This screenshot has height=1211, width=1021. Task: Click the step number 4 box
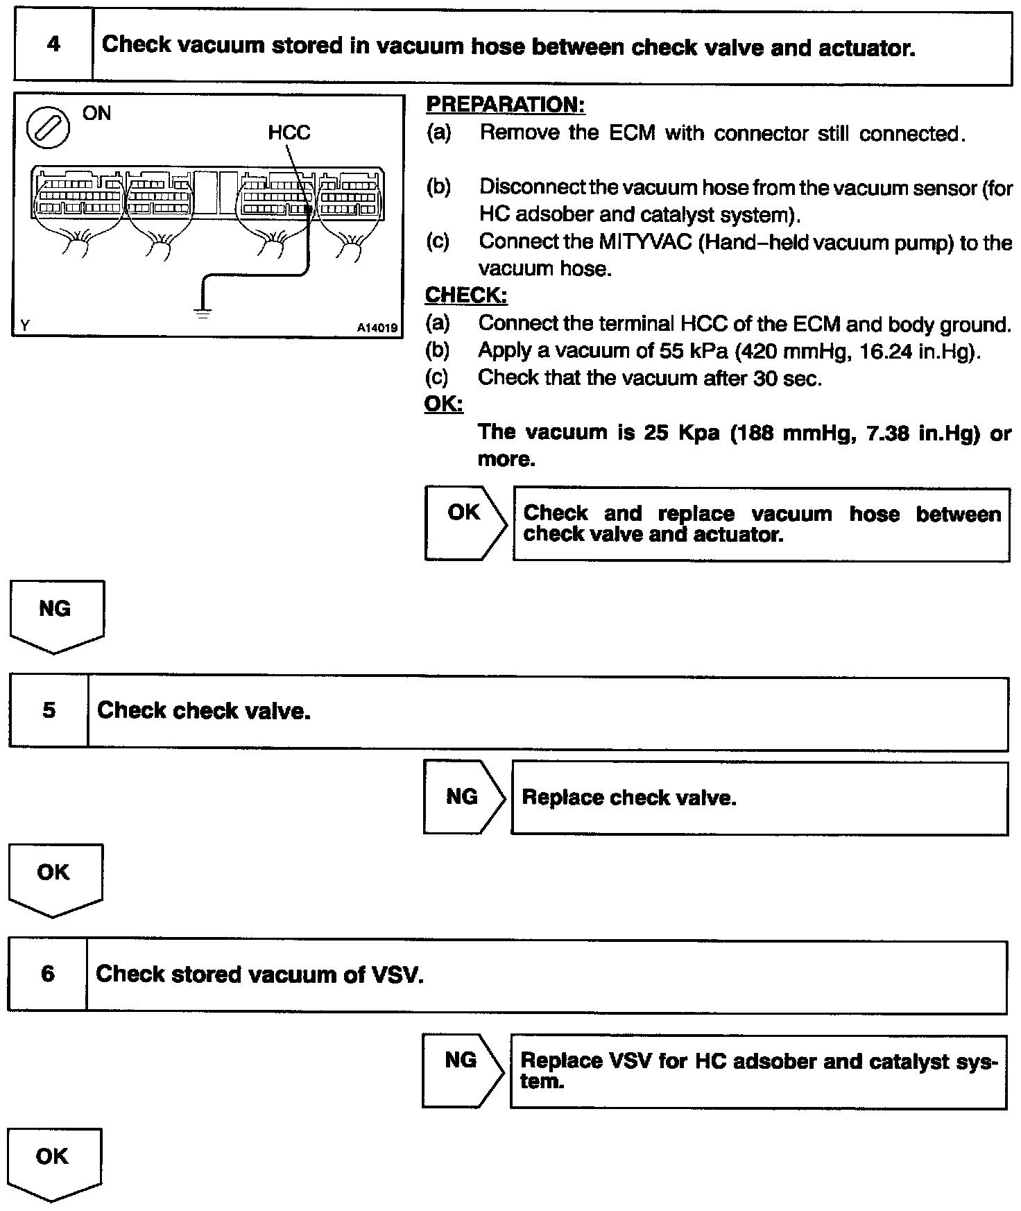click(x=53, y=46)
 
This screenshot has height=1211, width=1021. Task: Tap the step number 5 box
click(x=49, y=712)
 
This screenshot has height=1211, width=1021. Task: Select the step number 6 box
click(x=47, y=974)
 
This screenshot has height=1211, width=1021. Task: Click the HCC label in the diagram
click(x=289, y=132)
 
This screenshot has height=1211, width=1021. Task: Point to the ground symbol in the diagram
click(x=203, y=312)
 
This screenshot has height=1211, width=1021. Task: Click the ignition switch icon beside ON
click(x=48, y=129)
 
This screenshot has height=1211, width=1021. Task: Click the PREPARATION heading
click(x=505, y=105)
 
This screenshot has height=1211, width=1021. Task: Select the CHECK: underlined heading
click(x=465, y=295)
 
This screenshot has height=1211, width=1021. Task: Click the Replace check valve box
click(x=759, y=798)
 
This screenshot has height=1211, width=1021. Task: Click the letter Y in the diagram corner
click(x=25, y=325)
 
